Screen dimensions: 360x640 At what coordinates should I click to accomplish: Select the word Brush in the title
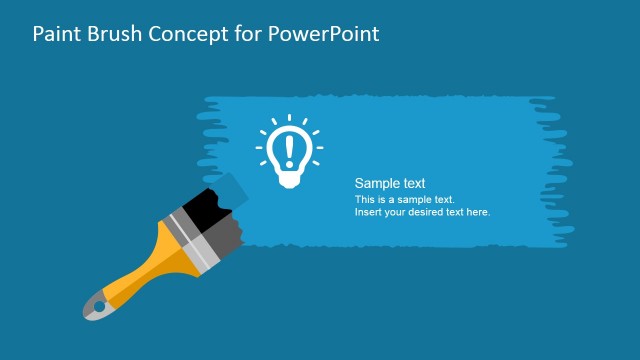(x=115, y=33)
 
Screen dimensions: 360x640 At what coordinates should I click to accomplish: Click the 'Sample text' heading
(x=390, y=184)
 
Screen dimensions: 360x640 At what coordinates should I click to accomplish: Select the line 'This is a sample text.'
(x=404, y=200)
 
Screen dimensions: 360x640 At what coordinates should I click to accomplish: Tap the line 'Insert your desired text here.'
(x=422, y=212)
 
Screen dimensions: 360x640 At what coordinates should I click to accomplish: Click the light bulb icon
(x=290, y=151)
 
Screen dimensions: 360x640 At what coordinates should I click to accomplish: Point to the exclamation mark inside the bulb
(x=290, y=149)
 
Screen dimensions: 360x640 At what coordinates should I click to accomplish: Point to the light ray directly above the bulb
(x=290, y=119)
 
